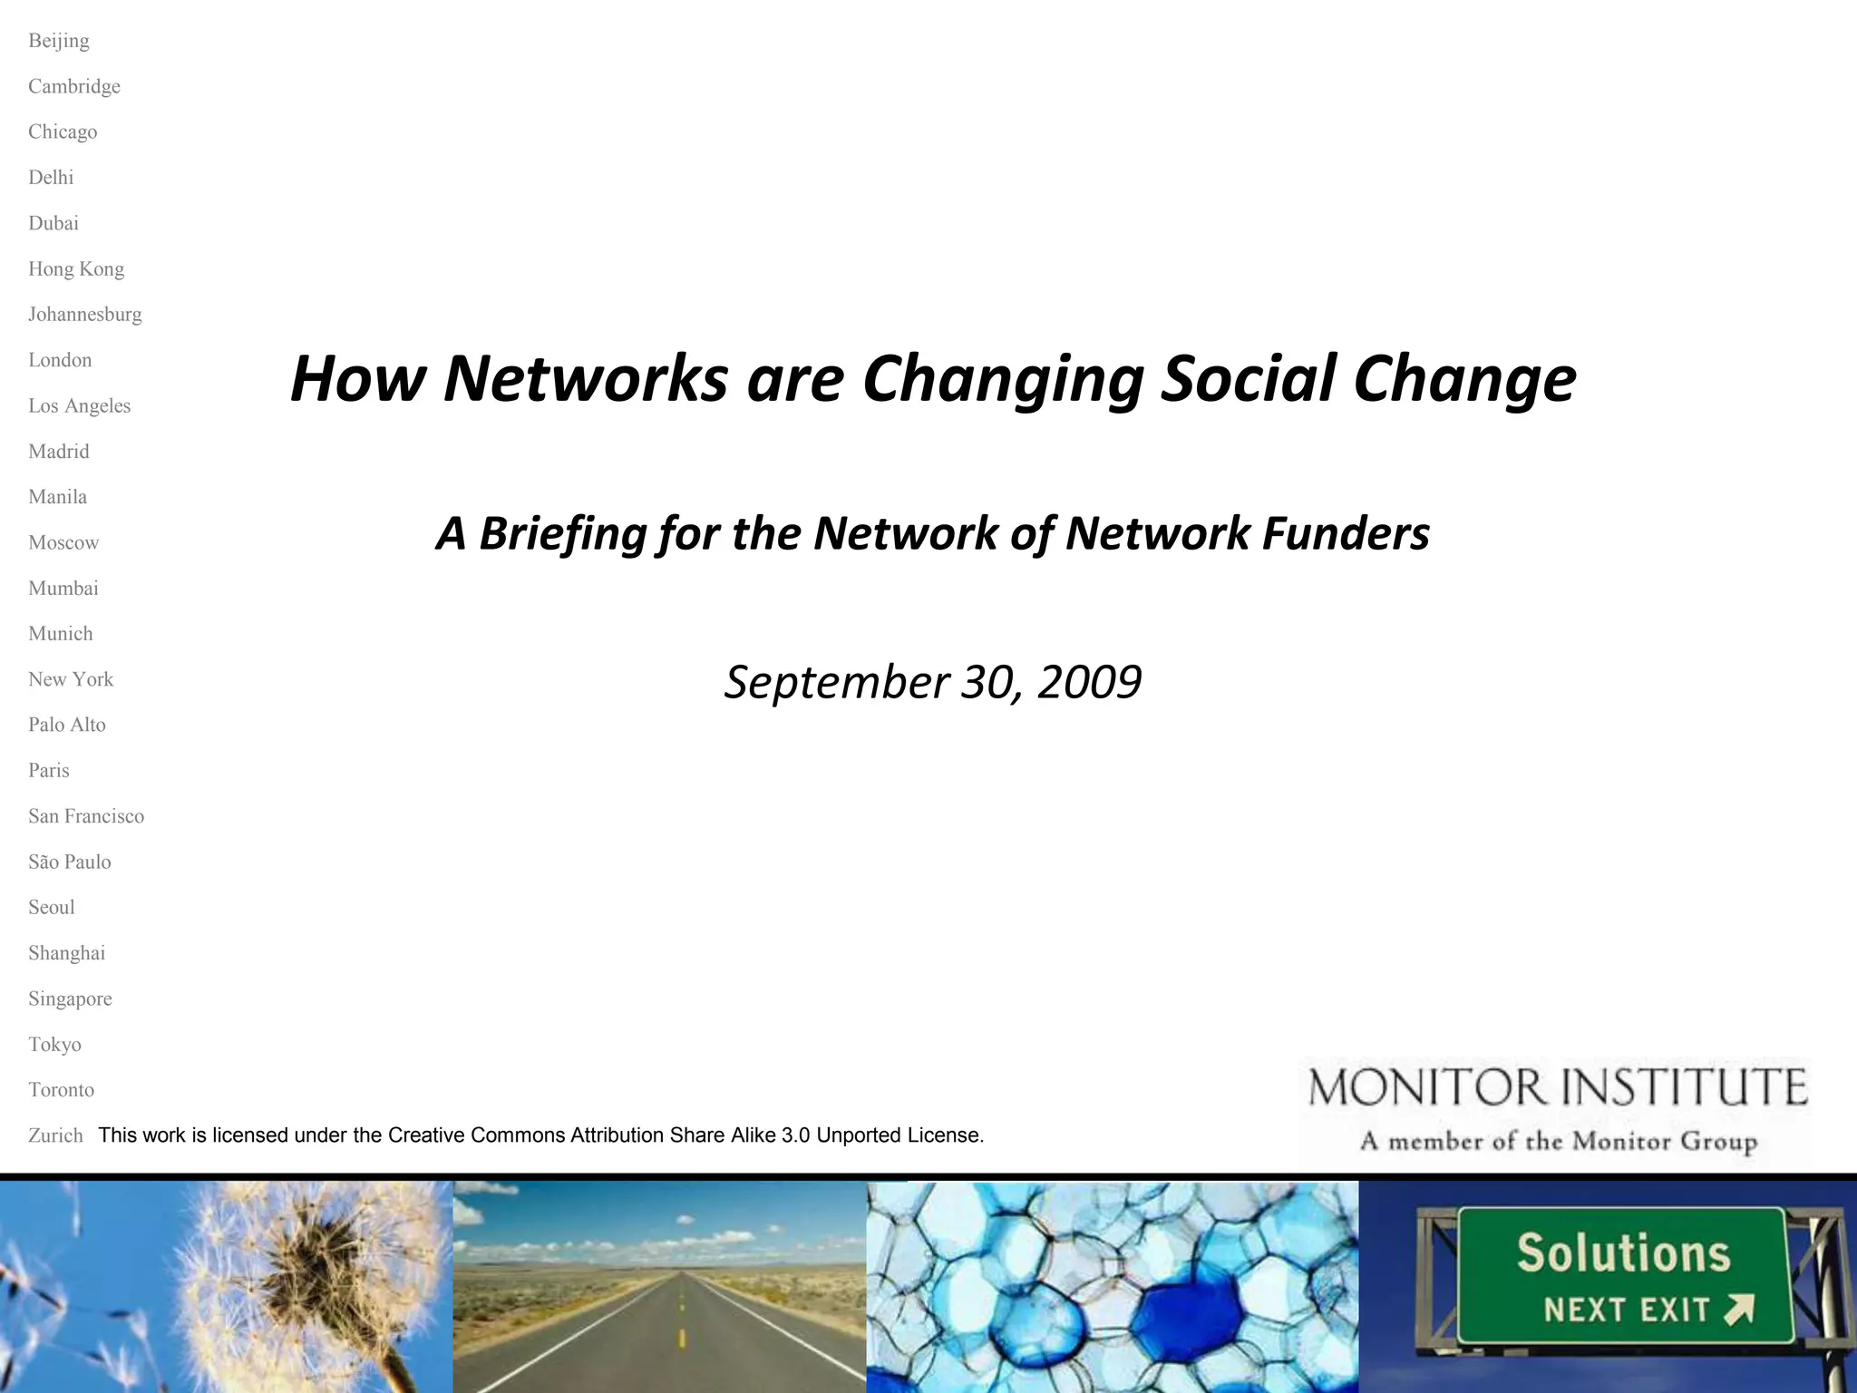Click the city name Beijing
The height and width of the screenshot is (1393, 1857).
click(59, 41)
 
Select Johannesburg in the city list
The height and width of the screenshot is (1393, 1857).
click(85, 315)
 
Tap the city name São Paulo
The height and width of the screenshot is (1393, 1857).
click(70, 862)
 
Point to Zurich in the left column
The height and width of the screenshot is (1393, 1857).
click(55, 1135)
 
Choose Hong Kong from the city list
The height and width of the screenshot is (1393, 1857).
click(76, 269)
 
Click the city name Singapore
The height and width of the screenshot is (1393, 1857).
click(70, 998)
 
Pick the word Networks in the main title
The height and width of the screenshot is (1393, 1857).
click(585, 378)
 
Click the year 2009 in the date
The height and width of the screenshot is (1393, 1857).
click(1089, 682)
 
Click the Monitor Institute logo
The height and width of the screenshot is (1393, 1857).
click(1557, 1111)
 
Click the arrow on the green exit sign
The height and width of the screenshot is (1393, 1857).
click(1739, 1310)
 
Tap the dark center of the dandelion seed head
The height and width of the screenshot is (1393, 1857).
click(313, 1261)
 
